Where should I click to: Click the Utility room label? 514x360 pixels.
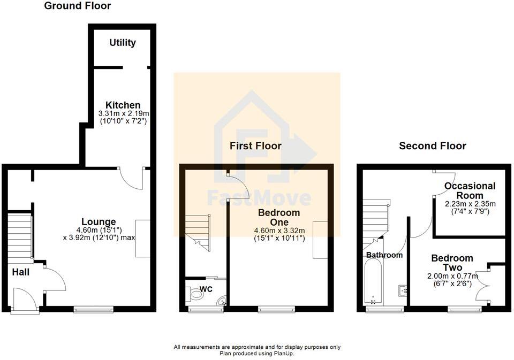(x=123, y=43)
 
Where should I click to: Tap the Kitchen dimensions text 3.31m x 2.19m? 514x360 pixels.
(x=123, y=113)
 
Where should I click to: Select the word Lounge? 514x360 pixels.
(x=99, y=221)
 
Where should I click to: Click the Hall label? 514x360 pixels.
(x=20, y=272)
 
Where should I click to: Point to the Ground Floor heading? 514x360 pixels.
(x=78, y=6)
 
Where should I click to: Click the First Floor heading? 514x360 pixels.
(x=255, y=145)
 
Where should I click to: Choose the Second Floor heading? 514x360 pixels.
(x=433, y=145)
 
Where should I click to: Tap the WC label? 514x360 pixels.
(x=206, y=289)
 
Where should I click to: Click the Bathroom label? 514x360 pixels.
(x=384, y=255)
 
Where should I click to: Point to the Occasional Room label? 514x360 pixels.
(x=470, y=191)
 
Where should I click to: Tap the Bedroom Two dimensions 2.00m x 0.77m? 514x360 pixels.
(x=452, y=276)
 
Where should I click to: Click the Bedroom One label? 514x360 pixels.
(x=279, y=217)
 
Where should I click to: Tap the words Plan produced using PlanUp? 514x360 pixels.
(x=256, y=353)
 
